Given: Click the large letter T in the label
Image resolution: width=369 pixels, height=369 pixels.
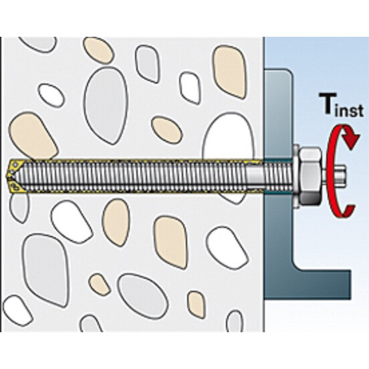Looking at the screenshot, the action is coord(328,104).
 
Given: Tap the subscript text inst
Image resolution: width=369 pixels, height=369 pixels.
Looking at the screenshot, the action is coord(350,110).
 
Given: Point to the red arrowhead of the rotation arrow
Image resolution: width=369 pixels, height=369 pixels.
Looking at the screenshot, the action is coord(352,141).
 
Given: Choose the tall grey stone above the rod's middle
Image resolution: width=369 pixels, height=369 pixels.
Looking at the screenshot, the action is coord(106,105).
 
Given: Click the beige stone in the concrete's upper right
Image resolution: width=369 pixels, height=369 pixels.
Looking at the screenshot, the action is coord(229,72).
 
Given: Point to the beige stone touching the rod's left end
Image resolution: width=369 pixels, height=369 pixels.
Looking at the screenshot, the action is coord(33,136).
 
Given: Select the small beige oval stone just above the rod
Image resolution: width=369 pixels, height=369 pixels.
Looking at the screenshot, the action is coord(166,130).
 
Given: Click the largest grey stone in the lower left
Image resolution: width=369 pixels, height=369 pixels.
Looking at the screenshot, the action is coord(46,270).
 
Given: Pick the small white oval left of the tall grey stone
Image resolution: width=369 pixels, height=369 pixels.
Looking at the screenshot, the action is coord(51,96).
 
